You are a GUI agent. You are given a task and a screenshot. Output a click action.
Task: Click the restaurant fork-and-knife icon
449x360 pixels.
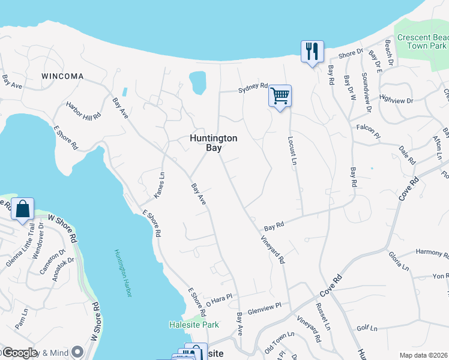312,51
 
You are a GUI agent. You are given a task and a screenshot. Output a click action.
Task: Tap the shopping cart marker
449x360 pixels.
280,96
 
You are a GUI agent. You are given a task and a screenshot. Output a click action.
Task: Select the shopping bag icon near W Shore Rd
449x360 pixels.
23,209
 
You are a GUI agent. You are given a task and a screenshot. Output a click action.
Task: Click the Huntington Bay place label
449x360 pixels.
214,143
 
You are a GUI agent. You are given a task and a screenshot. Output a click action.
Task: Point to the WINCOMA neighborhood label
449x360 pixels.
62,77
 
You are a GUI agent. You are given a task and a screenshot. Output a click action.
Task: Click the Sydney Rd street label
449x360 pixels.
252,87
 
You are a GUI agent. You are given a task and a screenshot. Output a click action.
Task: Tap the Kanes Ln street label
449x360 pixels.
160,185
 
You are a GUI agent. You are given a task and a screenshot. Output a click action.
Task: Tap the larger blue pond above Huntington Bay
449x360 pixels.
197,83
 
